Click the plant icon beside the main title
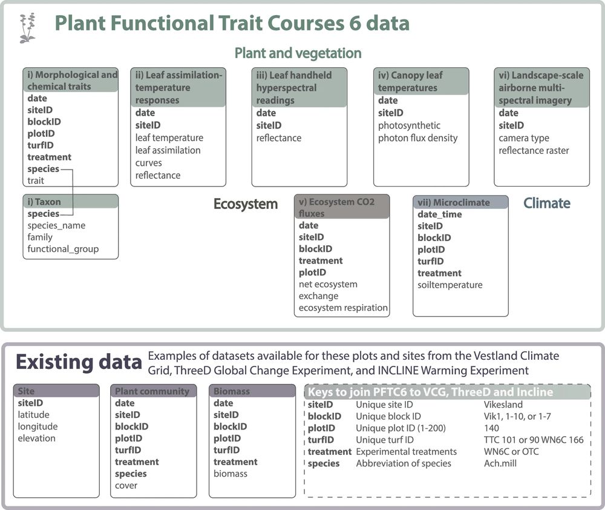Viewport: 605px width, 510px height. coord(27,28)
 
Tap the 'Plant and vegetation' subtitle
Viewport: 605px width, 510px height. coord(298,53)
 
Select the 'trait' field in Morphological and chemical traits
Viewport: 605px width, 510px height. coord(36,181)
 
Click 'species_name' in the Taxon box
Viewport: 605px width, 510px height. coord(56,226)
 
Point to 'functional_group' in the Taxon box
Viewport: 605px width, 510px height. coord(63,249)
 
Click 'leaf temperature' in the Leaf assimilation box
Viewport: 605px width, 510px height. coord(169,138)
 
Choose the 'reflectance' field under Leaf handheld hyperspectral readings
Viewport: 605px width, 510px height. coord(278,138)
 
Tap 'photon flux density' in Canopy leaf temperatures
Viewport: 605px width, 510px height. coord(418,138)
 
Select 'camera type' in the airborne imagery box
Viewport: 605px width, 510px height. coord(523,138)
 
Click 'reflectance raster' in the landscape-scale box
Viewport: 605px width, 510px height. coord(534,151)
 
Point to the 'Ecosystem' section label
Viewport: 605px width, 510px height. coord(246,204)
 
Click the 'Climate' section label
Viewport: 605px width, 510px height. coord(547,204)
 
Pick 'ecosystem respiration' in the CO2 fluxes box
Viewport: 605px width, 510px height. coord(343,308)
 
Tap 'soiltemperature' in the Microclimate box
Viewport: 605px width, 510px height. coord(450,285)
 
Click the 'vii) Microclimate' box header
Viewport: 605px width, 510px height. coord(460,202)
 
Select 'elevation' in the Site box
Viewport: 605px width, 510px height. coord(37,439)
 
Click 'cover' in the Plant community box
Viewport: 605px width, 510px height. coord(126,486)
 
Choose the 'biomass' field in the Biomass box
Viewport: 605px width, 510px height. coord(231,474)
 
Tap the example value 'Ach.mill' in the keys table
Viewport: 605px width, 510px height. coord(500,463)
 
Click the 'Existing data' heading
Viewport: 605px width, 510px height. coord(79,362)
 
